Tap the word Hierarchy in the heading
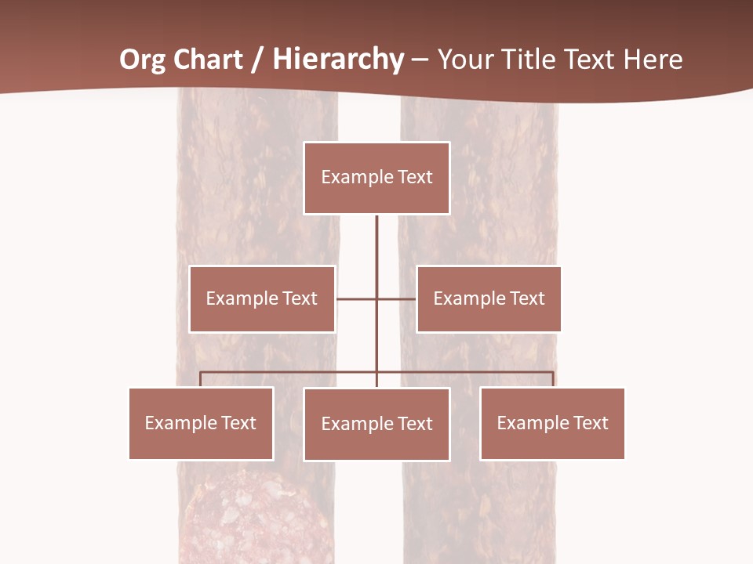[338, 60]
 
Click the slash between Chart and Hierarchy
[256, 60]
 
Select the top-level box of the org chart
[376, 178]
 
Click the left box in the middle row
[262, 298]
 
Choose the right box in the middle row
[489, 298]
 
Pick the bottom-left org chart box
[201, 423]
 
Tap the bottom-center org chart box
[376, 424]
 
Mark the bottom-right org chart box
[552, 423]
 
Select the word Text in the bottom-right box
[590, 423]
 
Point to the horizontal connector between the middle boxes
[376, 298]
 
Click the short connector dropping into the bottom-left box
[201, 379]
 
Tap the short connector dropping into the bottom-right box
[553, 379]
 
